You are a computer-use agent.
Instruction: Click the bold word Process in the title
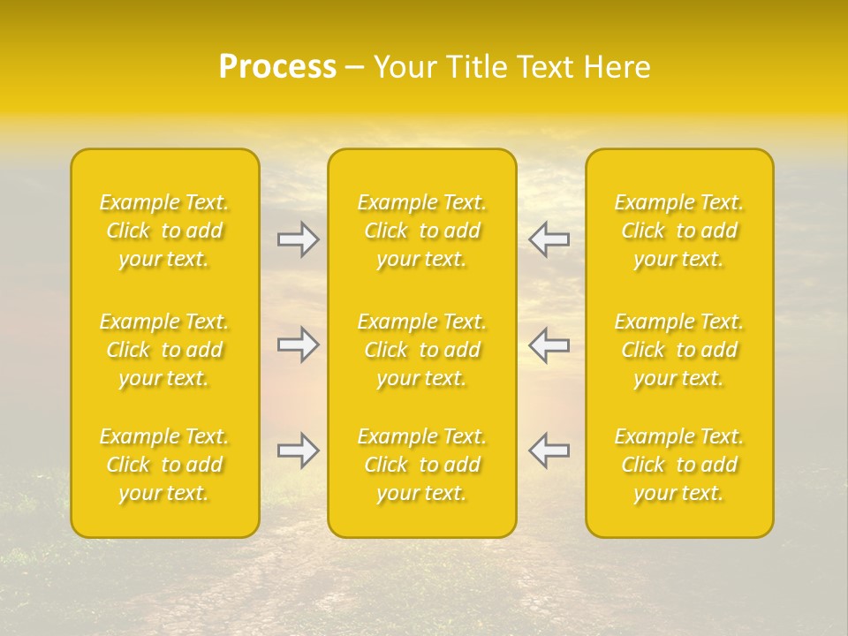point(277,67)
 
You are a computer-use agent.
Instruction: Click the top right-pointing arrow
point(299,239)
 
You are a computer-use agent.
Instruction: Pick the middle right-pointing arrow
point(299,344)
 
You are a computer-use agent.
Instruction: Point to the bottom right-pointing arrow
point(299,450)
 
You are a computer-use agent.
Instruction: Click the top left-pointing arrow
point(549,239)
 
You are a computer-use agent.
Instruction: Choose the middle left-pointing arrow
point(549,344)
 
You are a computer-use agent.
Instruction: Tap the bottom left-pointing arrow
point(549,450)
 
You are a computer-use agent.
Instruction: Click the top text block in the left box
point(164,231)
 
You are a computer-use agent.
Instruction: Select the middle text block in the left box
point(164,350)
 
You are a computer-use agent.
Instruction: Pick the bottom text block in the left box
point(164,465)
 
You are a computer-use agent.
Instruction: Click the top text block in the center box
point(422,231)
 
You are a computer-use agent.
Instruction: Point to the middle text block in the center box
point(422,350)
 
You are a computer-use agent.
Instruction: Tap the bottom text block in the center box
point(422,465)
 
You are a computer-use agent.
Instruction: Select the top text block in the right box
point(679,231)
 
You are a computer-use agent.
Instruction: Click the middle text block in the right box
point(679,350)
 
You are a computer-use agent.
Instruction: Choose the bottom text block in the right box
point(679,465)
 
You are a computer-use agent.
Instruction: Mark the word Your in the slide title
point(405,67)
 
